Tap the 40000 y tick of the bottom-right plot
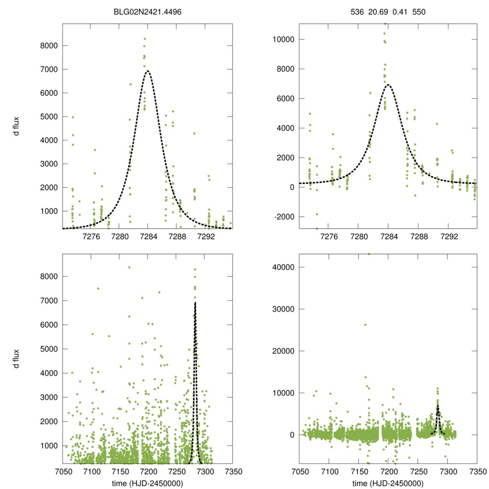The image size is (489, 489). pos(284,267)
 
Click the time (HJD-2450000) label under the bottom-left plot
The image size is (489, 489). pos(147,483)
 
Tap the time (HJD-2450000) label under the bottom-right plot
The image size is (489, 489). pos(388,483)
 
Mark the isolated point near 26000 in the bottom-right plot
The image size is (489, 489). pos(365,325)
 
